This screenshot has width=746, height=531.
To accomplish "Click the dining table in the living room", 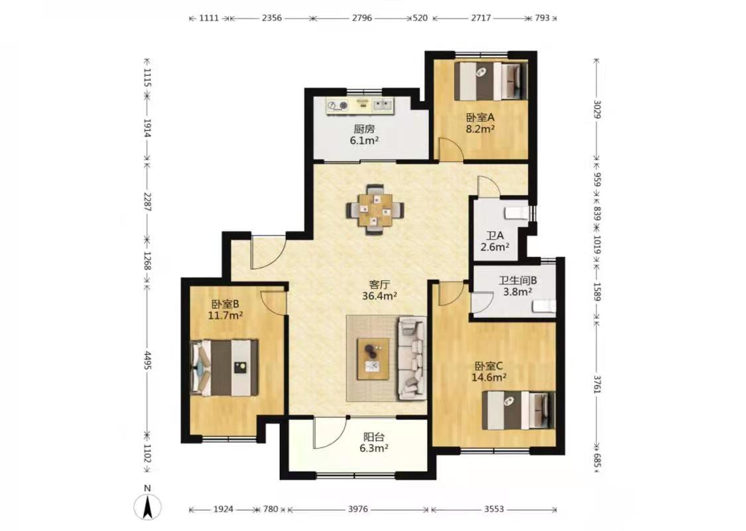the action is pyautogui.click(x=376, y=210).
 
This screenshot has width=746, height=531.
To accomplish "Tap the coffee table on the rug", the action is pyautogui.click(x=373, y=359).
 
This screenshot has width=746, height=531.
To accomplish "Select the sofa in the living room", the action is pyautogui.click(x=412, y=358).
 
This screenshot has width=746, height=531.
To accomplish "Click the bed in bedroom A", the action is pyautogui.click(x=491, y=81).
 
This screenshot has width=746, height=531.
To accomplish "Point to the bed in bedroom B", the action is pyautogui.click(x=224, y=367).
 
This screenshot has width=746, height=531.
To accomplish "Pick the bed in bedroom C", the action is pyautogui.click(x=519, y=410).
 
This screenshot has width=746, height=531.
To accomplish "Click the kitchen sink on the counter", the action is pyautogui.click(x=382, y=105).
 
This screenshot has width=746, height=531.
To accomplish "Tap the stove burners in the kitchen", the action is pyautogui.click(x=337, y=106).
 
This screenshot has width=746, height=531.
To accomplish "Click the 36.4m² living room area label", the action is pyautogui.click(x=380, y=296).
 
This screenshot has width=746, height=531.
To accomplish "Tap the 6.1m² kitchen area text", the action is pyautogui.click(x=365, y=141).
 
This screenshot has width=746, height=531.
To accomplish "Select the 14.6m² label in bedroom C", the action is pyautogui.click(x=489, y=378).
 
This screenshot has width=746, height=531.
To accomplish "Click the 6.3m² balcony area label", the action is pyautogui.click(x=374, y=448).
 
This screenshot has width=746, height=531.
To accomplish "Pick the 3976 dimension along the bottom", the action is pyautogui.click(x=358, y=509).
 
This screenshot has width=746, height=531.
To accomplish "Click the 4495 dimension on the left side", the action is pyautogui.click(x=147, y=360).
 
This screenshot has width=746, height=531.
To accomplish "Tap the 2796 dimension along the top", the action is pyautogui.click(x=362, y=18).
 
